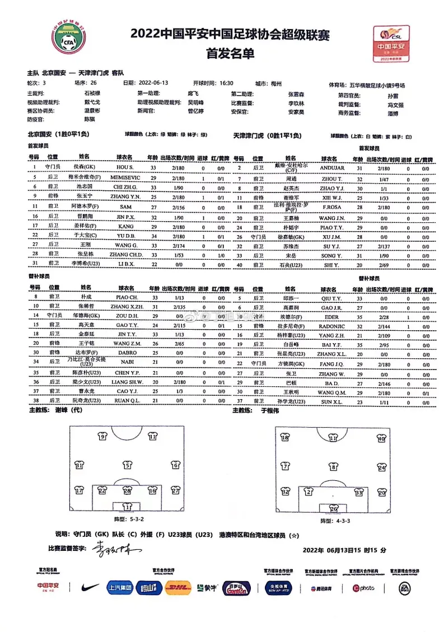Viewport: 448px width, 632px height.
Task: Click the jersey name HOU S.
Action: tap(124, 167)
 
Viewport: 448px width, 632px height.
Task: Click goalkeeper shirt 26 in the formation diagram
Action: tap(334, 509)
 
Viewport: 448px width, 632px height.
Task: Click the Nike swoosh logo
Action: tap(90, 588)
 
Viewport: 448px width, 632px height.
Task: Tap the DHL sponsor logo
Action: tap(179, 588)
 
